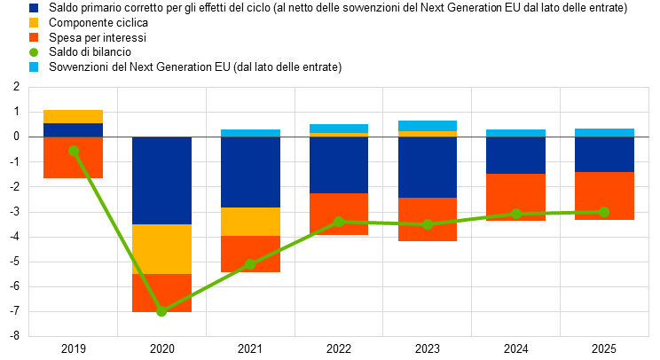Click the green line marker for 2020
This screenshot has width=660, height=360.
(x=161, y=311)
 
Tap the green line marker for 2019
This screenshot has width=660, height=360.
(x=74, y=151)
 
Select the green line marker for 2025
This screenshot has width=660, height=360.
(x=604, y=212)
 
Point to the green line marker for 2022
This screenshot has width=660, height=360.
(x=339, y=222)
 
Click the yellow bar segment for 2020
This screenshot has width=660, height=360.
(x=162, y=249)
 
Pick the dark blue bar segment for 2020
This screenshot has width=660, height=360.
(x=162, y=180)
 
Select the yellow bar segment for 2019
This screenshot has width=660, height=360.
(x=74, y=116)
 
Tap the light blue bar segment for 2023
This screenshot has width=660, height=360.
(x=428, y=126)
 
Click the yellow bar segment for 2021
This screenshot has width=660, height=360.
(x=250, y=222)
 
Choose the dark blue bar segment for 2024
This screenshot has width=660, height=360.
(x=515, y=155)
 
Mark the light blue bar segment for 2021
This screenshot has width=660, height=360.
(x=250, y=133)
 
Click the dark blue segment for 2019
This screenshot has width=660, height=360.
(x=74, y=130)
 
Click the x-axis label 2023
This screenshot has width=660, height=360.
(x=428, y=349)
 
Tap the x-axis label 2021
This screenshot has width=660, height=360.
(x=250, y=349)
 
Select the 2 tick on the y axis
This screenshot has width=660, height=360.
(x=17, y=87)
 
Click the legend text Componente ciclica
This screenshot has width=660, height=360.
(x=98, y=23)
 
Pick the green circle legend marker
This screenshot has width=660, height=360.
(x=34, y=52)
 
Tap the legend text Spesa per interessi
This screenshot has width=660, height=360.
(x=98, y=38)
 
